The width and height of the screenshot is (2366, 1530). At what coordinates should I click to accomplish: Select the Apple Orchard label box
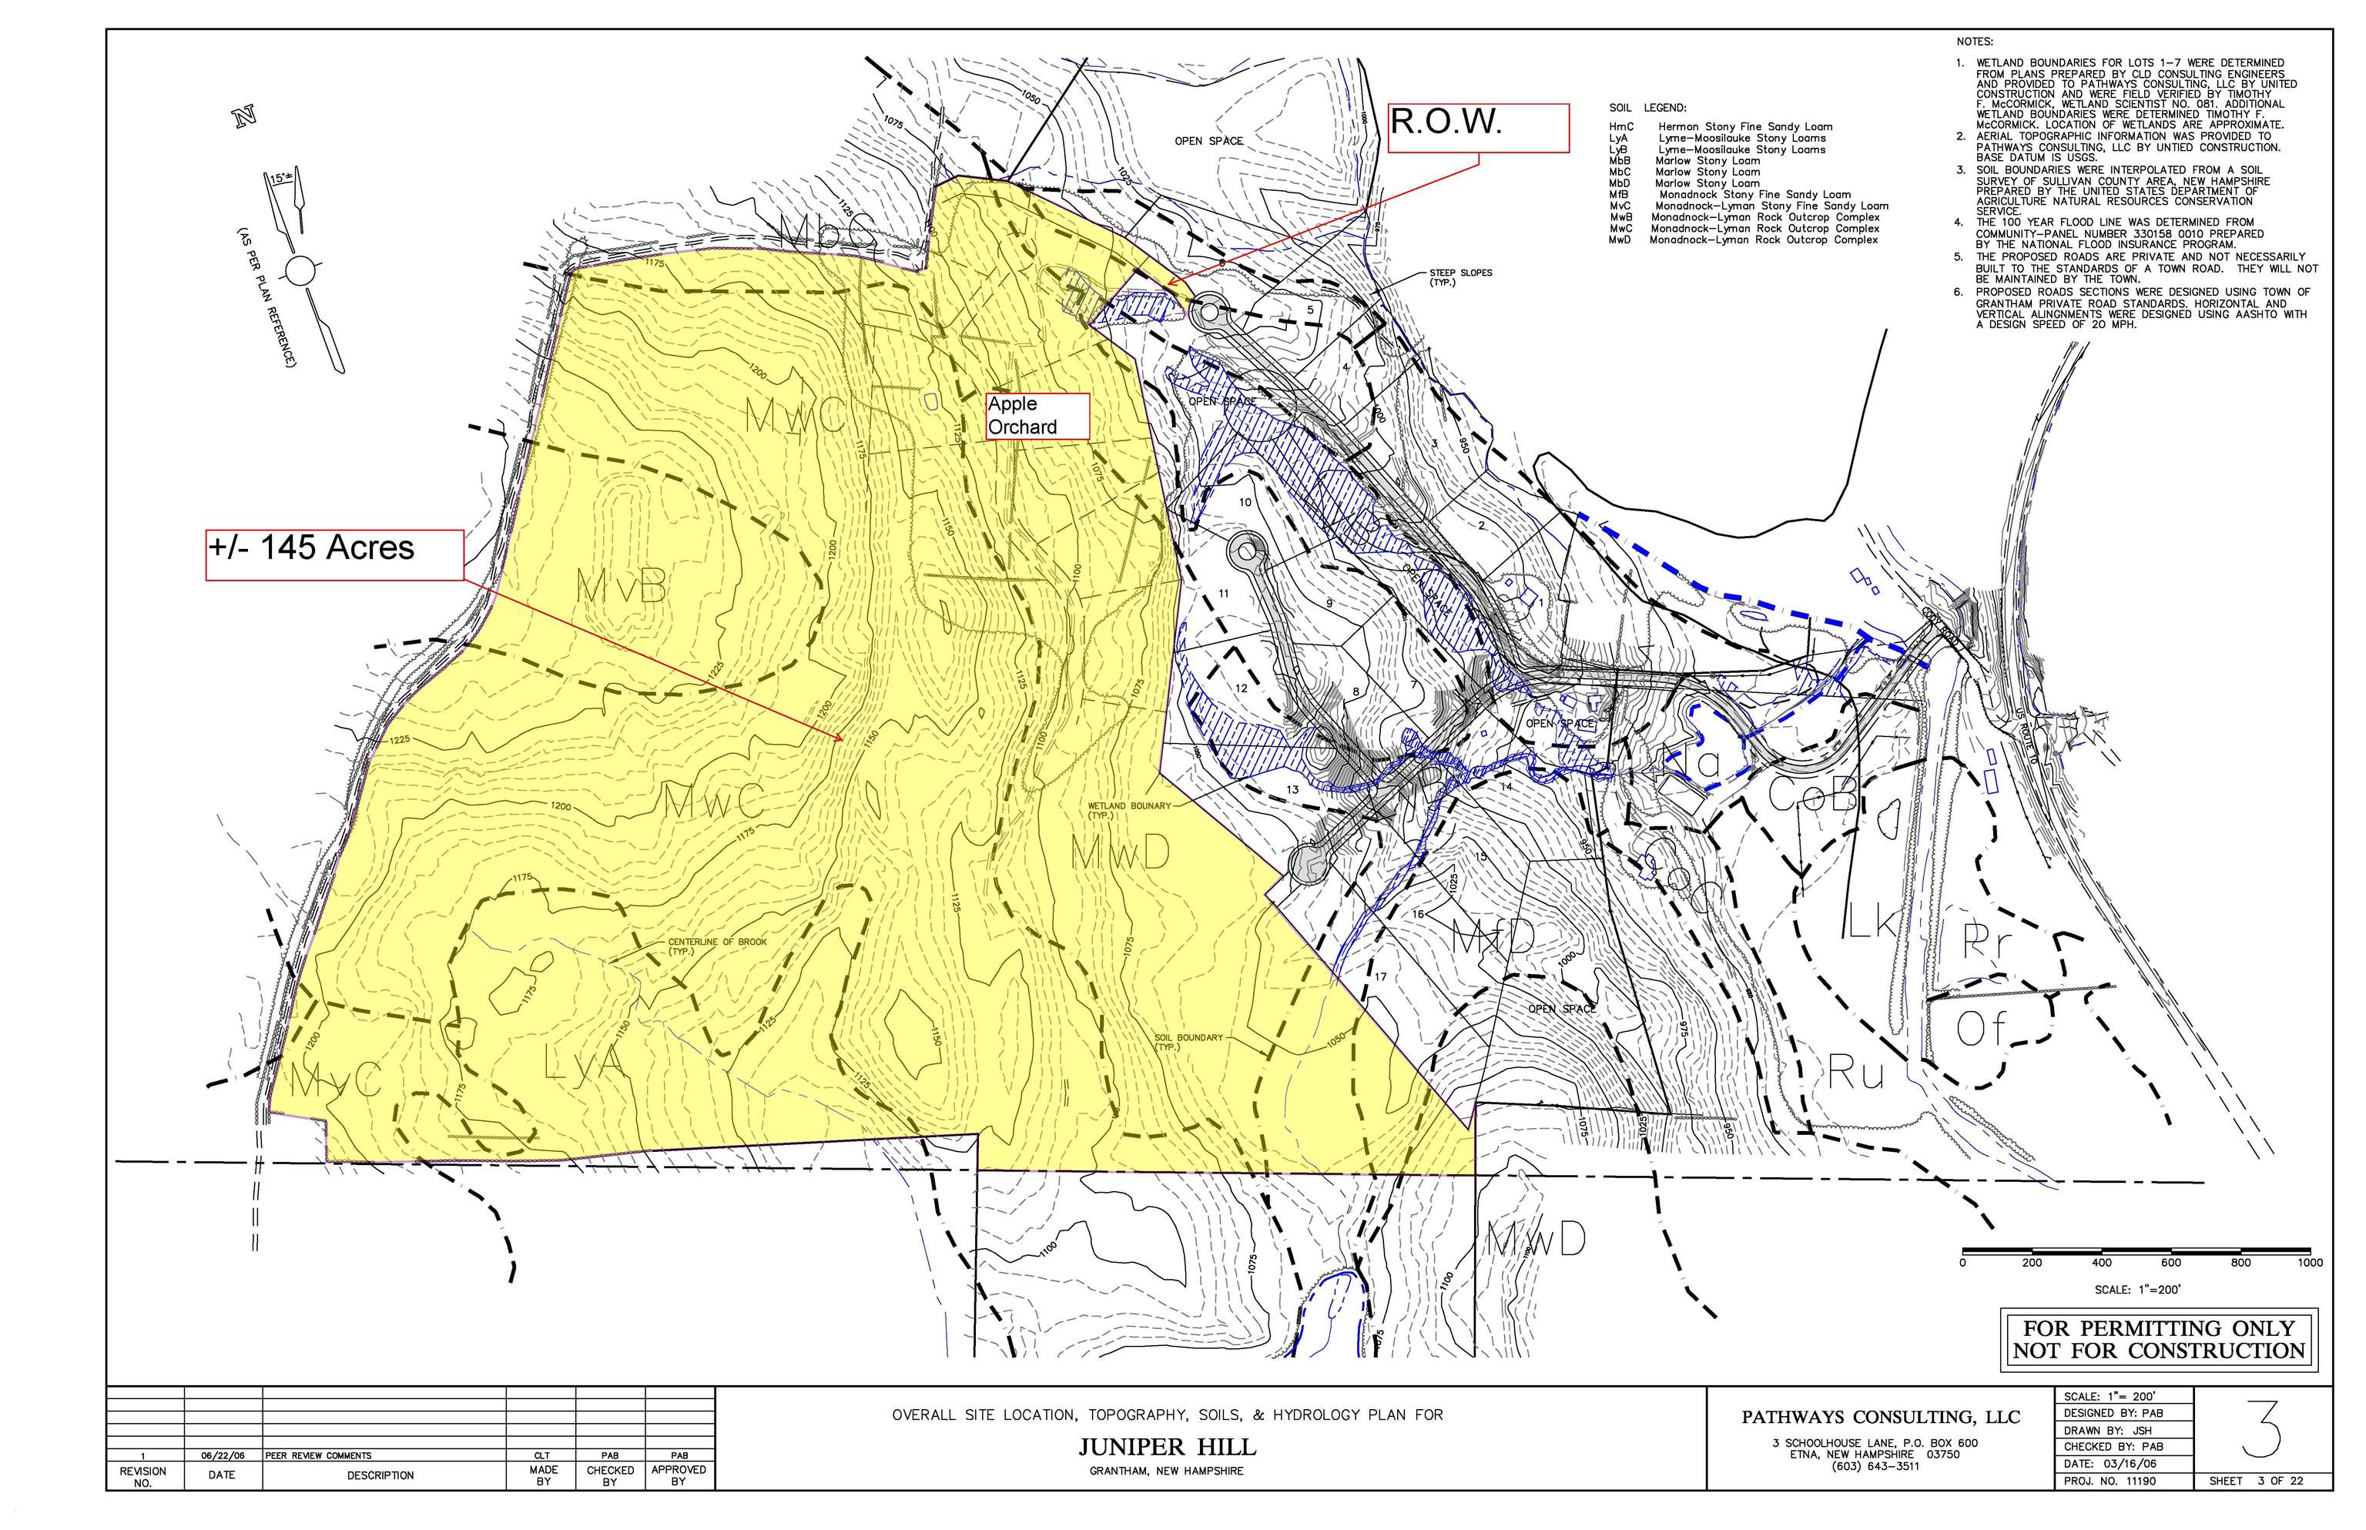[x=1037, y=415]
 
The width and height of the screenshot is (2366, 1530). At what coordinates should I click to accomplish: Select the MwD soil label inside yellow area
[x=1119, y=852]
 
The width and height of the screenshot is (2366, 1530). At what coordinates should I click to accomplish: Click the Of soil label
[x=1982, y=1029]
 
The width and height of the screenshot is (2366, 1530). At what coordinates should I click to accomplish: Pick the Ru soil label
[x=1855, y=1074]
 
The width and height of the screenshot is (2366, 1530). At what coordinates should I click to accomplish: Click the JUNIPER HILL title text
[x=1167, y=1447]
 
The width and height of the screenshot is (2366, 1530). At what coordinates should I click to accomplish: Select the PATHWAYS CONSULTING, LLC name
[x=1879, y=1417]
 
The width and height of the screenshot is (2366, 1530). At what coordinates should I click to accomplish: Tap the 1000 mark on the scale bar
[x=2308, y=1263]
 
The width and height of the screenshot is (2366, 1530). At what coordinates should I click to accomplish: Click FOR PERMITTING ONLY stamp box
[x=2157, y=1338]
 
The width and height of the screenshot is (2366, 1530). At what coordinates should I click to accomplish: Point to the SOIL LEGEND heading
[x=1647, y=107]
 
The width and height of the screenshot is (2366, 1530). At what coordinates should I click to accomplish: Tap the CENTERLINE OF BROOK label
[x=716, y=945]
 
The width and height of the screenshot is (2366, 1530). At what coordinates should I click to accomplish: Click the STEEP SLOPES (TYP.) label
[x=1459, y=277]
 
